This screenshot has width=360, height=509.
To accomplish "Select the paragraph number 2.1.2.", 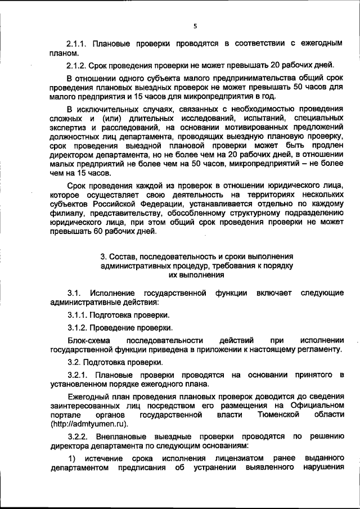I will [x=77, y=64].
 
